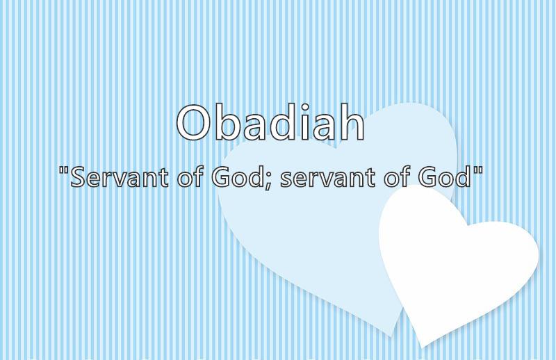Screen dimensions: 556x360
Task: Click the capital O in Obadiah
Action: click(195, 123)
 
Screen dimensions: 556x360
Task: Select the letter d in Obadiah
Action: click(283, 122)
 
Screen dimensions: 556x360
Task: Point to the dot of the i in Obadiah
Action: click(304, 107)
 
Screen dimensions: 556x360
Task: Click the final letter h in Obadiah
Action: click(352, 122)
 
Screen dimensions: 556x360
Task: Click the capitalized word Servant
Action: click(119, 177)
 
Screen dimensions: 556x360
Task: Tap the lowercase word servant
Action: click(327, 178)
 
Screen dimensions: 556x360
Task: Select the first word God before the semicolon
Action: click(236, 177)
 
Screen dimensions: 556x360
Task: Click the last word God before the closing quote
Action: click(443, 177)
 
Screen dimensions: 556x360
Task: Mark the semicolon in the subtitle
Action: click(267, 181)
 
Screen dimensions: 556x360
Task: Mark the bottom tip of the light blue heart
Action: click(391, 336)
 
